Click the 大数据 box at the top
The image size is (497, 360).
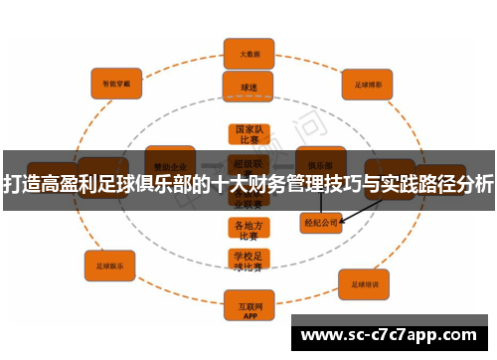coord(248,53)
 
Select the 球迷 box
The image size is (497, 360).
coord(248,88)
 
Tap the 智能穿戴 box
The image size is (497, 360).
coord(116,85)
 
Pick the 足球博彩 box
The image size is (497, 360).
coord(363,84)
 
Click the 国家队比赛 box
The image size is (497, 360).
coord(248,134)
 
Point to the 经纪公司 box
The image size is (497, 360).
coord(320,223)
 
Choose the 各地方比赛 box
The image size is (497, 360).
coord(248,231)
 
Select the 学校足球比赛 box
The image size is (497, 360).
coord(248,261)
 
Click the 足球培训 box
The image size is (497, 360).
coord(363,284)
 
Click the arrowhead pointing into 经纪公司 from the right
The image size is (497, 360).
coord(344,220)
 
